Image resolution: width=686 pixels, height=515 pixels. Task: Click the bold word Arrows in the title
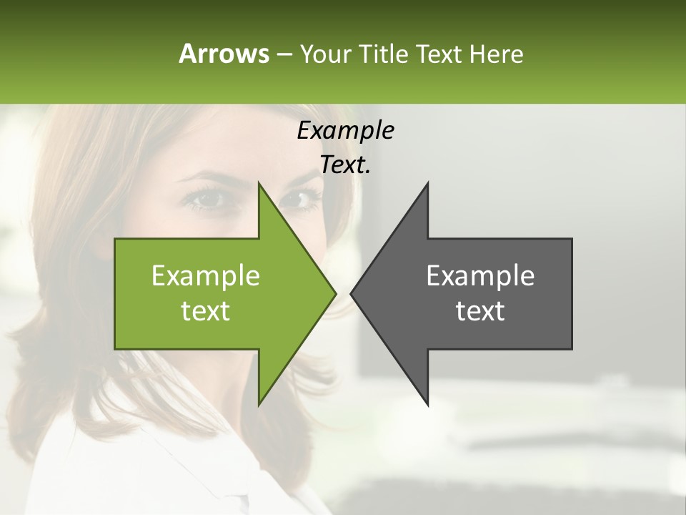pos(223,54)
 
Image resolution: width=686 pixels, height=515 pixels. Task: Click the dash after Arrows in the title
pos(284,54)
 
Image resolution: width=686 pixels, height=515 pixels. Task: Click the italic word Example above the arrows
pos(345,130)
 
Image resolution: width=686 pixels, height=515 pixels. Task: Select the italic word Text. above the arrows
pos(345,165)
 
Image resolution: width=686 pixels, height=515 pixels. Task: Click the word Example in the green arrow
pos(206,275)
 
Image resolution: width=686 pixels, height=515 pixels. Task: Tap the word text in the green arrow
pos(206,311)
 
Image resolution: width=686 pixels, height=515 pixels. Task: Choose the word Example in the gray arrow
pos(480,275)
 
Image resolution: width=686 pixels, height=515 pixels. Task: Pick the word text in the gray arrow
pos(480,311)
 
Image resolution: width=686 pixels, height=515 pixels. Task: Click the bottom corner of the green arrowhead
pos(259,403)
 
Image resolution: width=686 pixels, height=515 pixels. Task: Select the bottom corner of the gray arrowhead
pos(427,403)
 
